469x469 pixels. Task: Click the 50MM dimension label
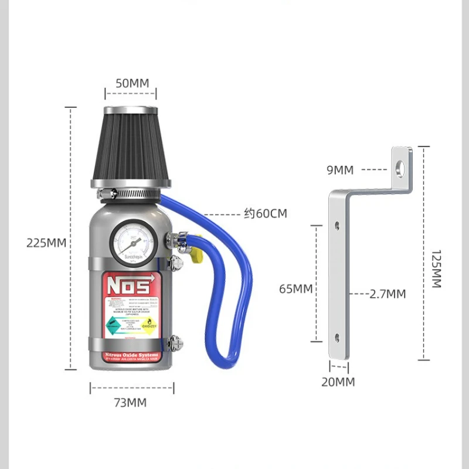132,83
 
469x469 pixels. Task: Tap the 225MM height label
46,243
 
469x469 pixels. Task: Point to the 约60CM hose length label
266,214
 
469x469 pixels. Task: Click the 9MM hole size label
341,170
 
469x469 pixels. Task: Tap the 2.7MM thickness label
388,294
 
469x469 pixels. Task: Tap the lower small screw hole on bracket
337,337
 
